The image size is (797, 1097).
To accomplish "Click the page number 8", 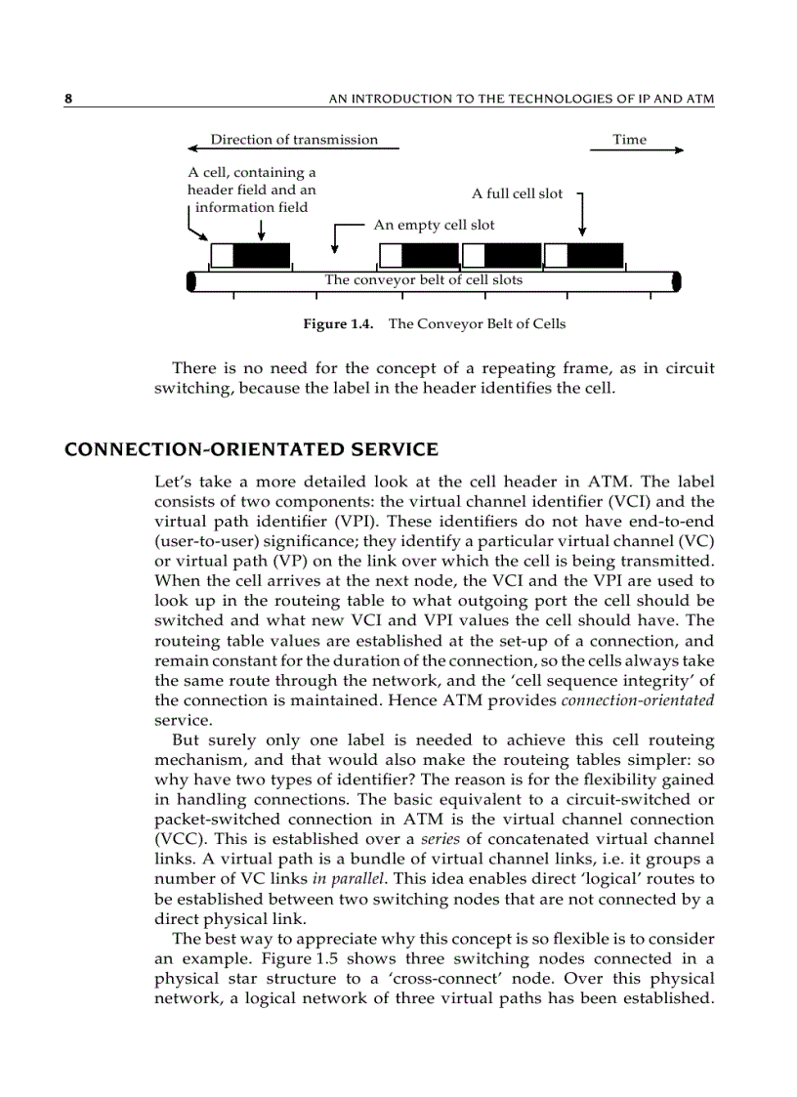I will pyautogui.click(x=68, y=99).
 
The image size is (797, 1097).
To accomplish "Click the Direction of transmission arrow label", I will pyautogui.click(x=294, y=140).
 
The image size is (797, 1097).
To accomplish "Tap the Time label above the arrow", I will pyautogui.click(x=629, y=140).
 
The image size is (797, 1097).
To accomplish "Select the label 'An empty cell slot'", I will pyautogui.click(x=434, y=225).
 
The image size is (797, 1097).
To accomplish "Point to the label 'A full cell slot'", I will pyautogui.click(x=517, y=193).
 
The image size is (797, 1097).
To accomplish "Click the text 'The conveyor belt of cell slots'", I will pyautogui.click(x=423, y=280).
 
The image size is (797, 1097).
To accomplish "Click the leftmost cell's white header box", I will pyautogui.click(x=222, y=256).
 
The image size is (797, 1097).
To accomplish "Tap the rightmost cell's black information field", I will pyautogui.click(x=595, y=256).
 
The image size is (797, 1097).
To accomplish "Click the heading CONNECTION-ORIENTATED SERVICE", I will pyautogui.click(x=251, y=450).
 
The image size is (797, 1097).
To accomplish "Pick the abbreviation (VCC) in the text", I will pyautogui.click(x=177, y=838).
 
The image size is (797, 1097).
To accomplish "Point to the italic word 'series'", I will pyautogui.click(x=439, y=838).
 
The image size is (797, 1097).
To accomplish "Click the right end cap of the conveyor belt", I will pyautogui.click(x=676, y=281).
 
